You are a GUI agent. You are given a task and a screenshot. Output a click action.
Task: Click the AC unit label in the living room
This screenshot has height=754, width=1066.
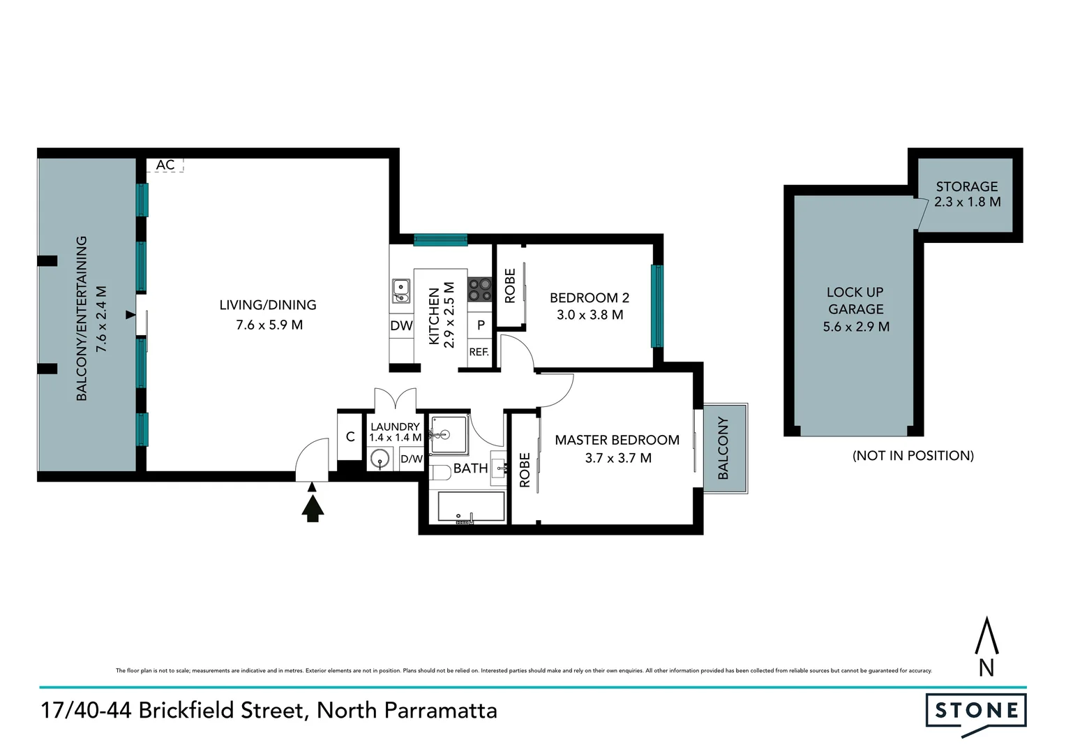(165, 165)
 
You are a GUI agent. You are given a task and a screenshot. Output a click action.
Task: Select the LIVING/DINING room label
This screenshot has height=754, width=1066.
(268, 305)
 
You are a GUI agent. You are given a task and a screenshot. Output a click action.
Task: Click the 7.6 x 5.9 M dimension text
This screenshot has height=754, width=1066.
(269, 325)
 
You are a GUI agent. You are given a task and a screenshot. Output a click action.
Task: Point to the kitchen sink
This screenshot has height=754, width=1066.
(401, 290)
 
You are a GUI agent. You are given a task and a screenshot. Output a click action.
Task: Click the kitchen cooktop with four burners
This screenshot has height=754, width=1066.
(479, 289)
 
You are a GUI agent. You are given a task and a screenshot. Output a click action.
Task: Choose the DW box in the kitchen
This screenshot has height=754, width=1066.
(401, 326)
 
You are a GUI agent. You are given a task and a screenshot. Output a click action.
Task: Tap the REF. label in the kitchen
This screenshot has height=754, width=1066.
(479, 353)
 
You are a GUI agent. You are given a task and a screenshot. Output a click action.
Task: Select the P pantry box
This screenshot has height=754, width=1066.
(481, 325)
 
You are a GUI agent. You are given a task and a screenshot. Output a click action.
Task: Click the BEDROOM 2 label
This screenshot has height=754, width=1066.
(590, 298)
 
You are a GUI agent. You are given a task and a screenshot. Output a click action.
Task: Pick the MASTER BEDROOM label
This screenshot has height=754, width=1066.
(617, 441)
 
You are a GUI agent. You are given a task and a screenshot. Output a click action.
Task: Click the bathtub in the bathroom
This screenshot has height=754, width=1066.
(471, 506)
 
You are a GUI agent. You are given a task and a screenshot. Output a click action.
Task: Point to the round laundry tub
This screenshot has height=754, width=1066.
(380, 459)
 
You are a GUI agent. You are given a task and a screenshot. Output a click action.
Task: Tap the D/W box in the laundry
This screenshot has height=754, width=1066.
(412, 459)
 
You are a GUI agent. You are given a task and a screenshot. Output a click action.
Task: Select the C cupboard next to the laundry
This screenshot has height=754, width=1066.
(350, 437)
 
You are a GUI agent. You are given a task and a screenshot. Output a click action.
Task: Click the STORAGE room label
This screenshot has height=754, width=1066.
(967, 186)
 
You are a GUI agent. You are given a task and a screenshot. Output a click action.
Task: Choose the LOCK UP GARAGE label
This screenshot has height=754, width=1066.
(855, 301)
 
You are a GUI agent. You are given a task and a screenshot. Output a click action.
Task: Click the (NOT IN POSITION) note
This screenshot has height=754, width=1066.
(913, 456)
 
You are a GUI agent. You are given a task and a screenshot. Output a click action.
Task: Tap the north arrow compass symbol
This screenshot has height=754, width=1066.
(986, 646)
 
